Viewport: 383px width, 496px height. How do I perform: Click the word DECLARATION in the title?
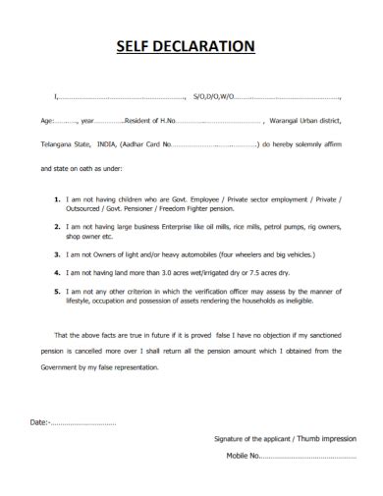[210, 45]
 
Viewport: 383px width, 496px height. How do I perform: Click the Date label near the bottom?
[39, 423]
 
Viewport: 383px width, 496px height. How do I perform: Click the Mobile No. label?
[243, 457]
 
